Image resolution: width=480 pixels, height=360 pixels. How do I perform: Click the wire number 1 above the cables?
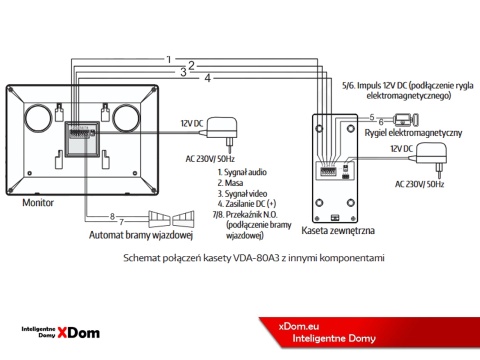169,59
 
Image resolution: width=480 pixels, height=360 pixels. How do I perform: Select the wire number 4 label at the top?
207,77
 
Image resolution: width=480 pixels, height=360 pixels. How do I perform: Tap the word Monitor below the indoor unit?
38,202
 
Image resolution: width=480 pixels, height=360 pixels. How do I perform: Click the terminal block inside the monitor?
79,137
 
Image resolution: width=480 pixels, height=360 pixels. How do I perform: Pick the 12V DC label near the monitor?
193,123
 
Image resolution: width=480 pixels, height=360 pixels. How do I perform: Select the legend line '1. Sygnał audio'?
243,173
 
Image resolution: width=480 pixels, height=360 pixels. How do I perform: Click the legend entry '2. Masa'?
233,183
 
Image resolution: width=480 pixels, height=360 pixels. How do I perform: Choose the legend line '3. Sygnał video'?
243,193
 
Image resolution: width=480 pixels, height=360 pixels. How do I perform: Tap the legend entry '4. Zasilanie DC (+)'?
250,203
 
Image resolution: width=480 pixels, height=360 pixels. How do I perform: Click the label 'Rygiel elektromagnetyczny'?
413,133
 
